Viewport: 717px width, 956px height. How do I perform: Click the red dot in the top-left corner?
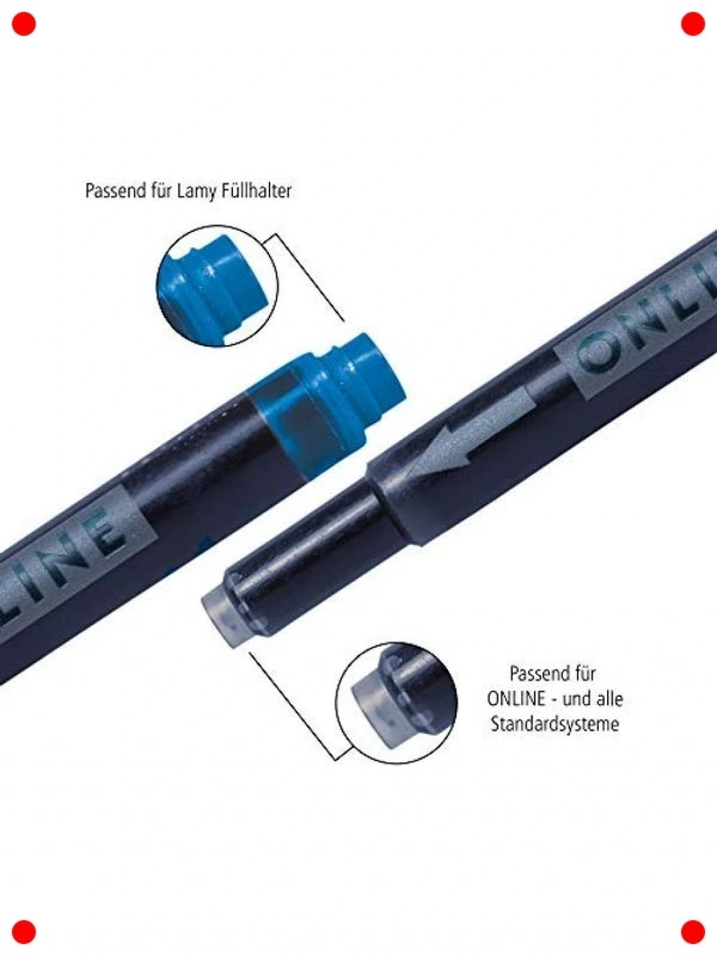[x=24, y=24]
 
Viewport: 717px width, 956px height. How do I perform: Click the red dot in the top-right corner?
[x=692, y=24]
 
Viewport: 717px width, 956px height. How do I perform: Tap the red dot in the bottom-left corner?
[x=24, y=931]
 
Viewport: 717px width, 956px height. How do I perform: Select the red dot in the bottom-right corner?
[x=692, y=931]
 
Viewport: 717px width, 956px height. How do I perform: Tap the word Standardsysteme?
[x=555, y=724]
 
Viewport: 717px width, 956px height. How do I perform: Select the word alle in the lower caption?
[x=608, y=698]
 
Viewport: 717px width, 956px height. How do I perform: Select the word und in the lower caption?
[x=577, y=699]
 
